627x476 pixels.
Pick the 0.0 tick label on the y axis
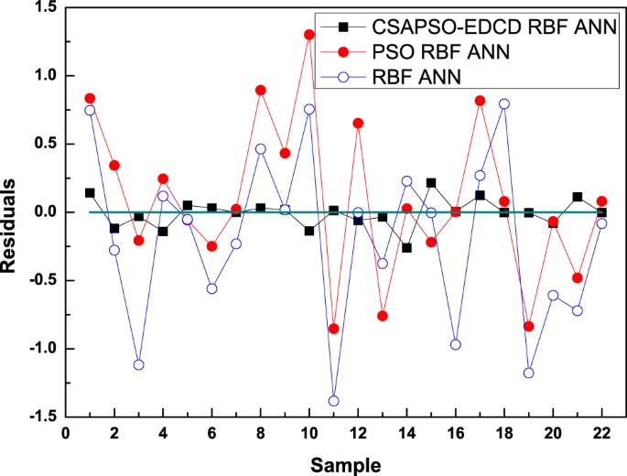pos(41,211)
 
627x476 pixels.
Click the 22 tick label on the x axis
pos(600,431)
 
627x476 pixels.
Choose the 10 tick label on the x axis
pos(308,431)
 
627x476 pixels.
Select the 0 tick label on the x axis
pos(65,431)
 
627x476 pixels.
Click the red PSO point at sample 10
pos(309,35)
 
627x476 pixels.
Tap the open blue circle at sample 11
pos(333,401)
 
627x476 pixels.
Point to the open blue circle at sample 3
pos(138,364)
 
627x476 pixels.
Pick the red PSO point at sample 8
pos(260,90)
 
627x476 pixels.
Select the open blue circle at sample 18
pos(504,103)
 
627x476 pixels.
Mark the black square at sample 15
pos(431,183)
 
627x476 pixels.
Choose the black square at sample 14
pos(406,247)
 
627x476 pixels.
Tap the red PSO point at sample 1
pos(90,98)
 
